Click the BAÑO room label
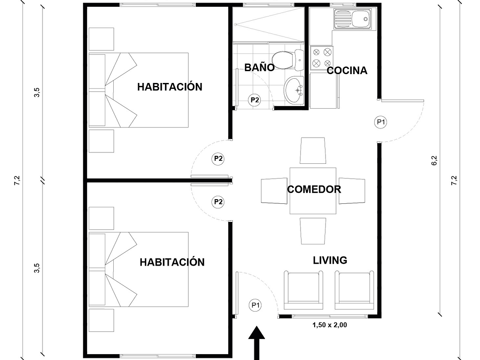[x=259, y=67]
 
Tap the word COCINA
[x=347, y=70]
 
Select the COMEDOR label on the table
[x=314, y=189]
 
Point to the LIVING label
[x=330, y=260]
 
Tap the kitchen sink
[x=353, y=19]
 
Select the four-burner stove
[x=321, y=58]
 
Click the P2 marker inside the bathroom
[x=254, y=100]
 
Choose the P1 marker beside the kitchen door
[x=381, y=122]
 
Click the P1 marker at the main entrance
[x=255, y=305]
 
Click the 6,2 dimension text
[x=434, y=161]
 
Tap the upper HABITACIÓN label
[x=170, y=87]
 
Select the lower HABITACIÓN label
[x=172, y=262]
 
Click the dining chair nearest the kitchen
[x=313, y=150]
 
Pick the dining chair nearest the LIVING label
[x=313, y=231]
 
